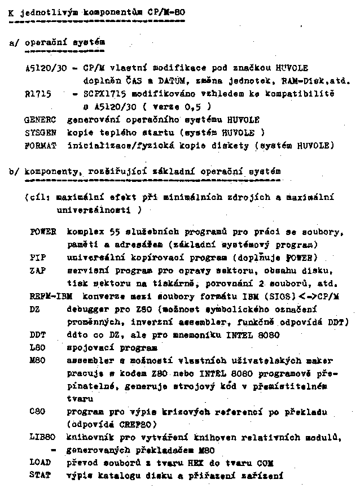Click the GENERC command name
coord(41,120)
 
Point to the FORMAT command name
coord(41,145)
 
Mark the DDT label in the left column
coord(37,334)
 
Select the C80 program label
coord(37,411)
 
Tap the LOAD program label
coord(40,462)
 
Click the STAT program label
coord(40,475)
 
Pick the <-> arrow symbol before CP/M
coord(311,295)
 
